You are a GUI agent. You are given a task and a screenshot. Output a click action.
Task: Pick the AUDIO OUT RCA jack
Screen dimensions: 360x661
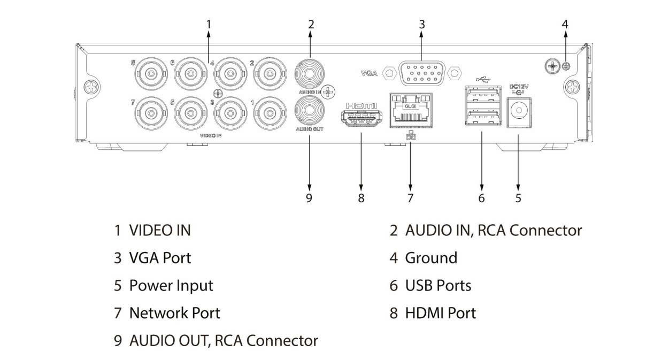pos(309,111)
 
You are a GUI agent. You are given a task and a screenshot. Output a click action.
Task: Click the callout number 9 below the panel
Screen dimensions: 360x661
pos(309,198)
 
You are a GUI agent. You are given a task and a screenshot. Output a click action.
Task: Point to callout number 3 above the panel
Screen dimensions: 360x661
pos(421,24)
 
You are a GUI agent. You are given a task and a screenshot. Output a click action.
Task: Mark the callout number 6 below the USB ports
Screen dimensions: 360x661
pos(481,198)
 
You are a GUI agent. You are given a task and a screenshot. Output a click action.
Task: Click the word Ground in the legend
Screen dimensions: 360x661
pos(431,258)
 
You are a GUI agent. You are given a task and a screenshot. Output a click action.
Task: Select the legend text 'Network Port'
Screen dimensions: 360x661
pos(174,312)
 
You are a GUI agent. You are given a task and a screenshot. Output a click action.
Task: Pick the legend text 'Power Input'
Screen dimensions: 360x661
pos(171,285)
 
